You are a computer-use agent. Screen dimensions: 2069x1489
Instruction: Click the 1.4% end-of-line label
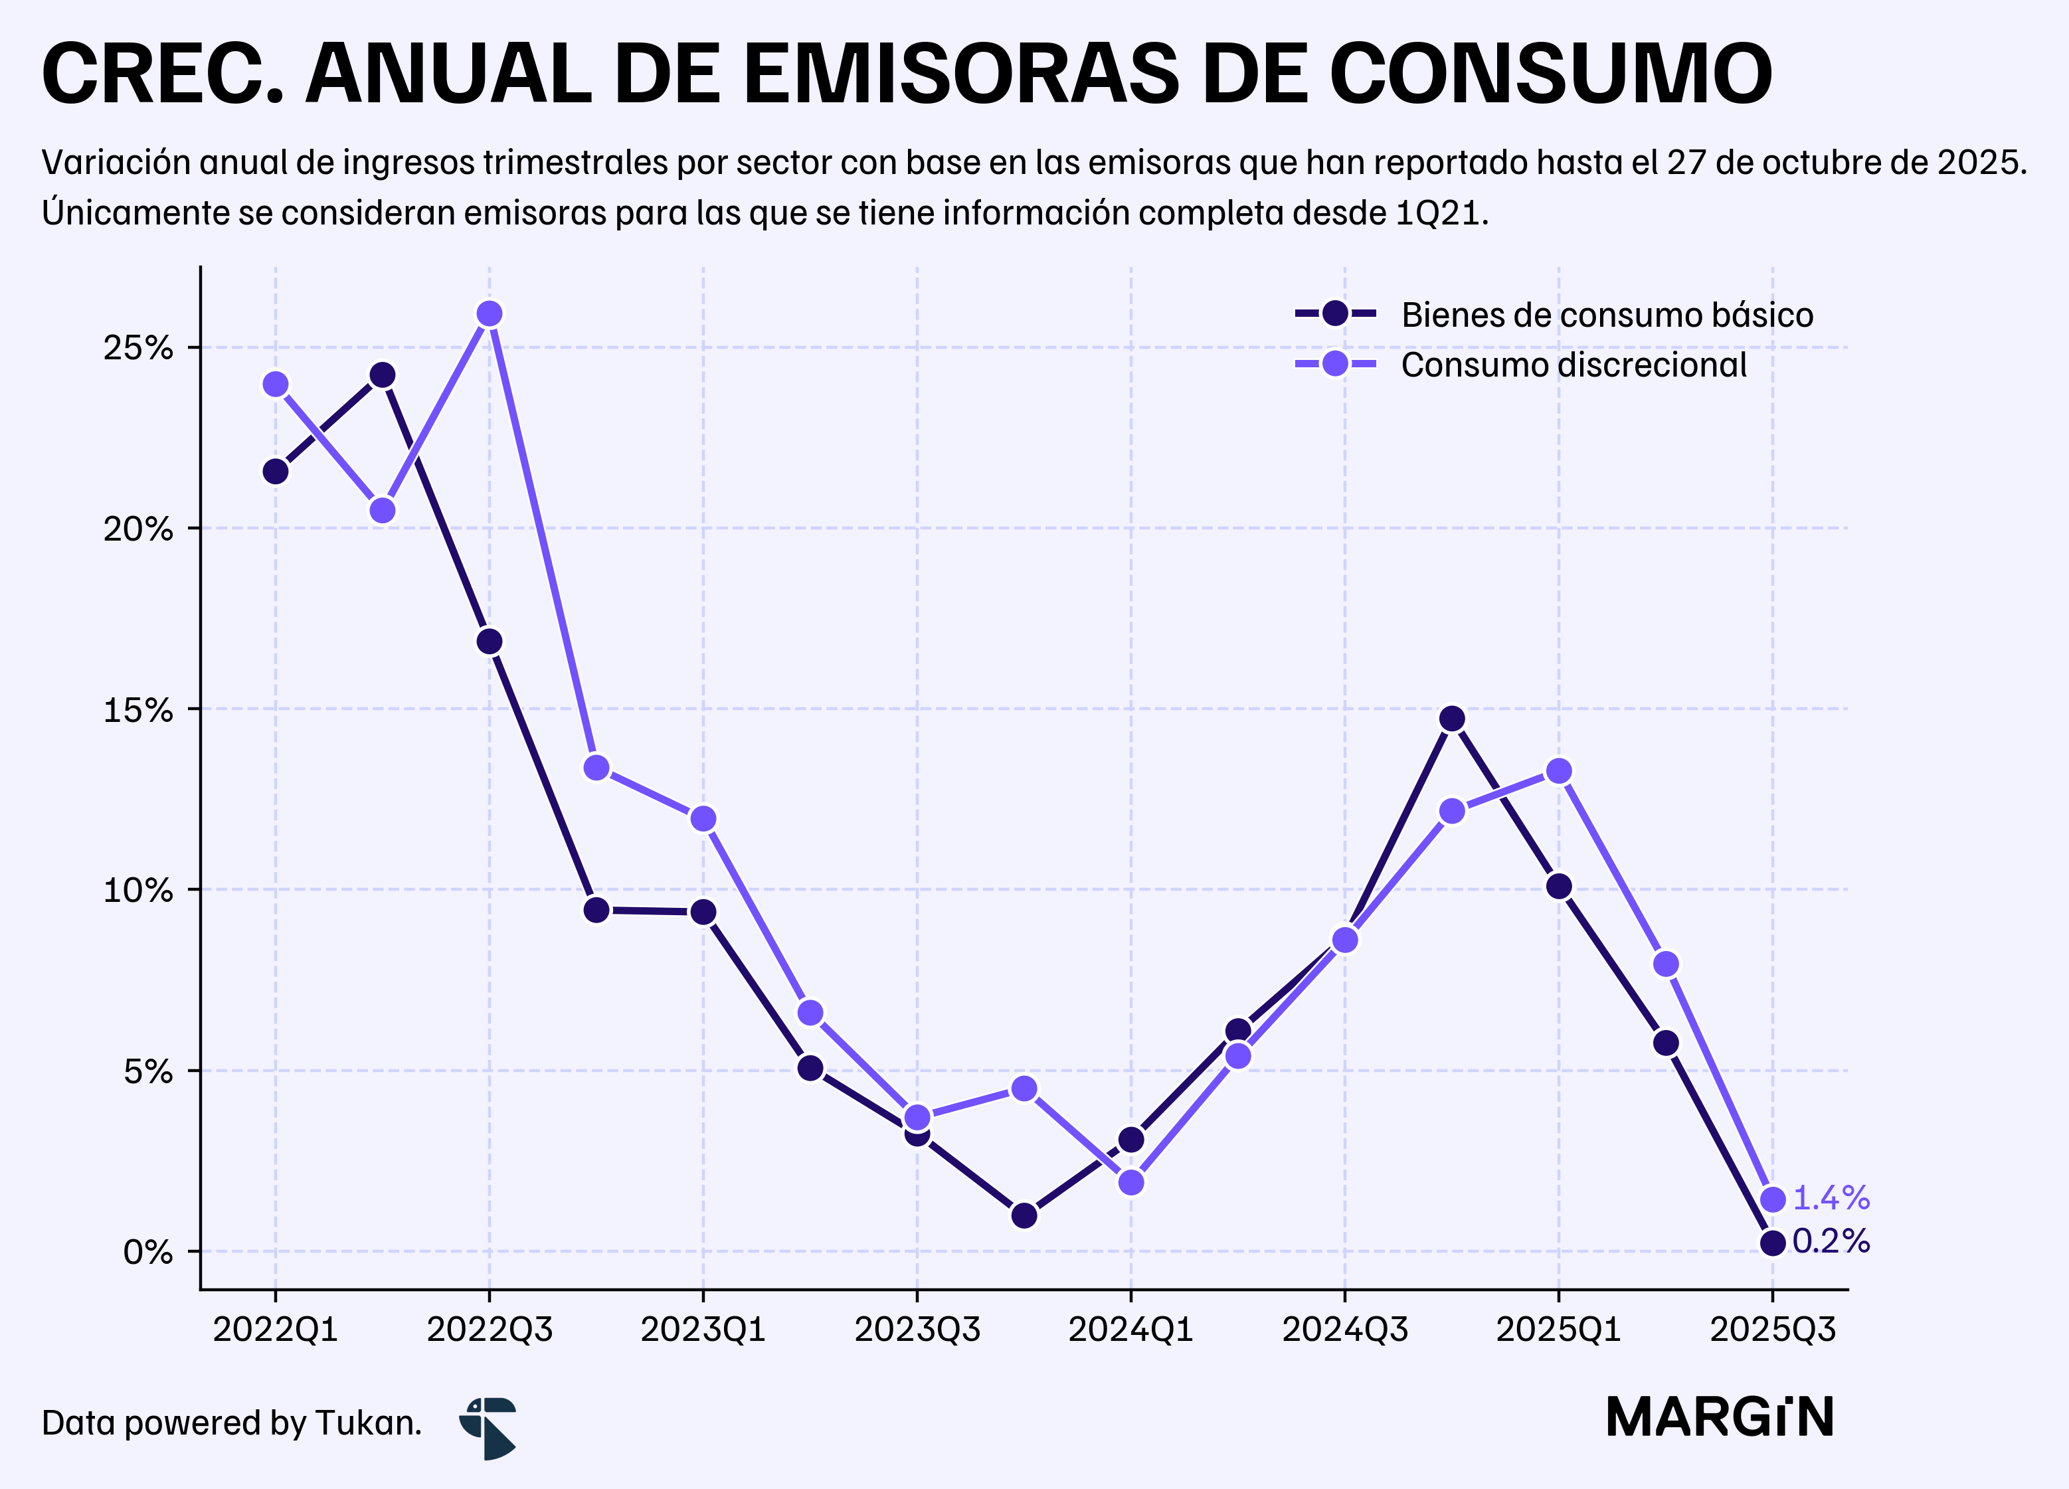click(x=1831, y=1198)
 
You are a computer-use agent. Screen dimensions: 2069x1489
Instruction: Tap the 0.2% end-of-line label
click(x=1831, y=1242)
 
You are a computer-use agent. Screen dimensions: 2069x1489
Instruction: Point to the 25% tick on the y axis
click(x=137, y=347)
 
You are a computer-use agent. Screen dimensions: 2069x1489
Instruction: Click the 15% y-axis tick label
click(x=137, y=710)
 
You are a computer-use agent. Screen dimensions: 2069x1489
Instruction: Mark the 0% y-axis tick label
click(x=147, y=1252)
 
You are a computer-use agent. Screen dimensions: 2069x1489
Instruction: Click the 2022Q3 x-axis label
click(x=490, y=1330)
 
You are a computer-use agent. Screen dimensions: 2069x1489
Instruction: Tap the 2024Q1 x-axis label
click(x=1131, y=1330)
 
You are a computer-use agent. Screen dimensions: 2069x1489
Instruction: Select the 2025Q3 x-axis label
click(x=1773, y=1330)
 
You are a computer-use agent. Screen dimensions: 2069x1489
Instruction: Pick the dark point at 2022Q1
click(x=276, y=472)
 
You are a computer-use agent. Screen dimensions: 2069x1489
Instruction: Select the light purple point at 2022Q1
click(x=276, y=384)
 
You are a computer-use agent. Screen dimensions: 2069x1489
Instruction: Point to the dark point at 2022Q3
click(x=490, y=642)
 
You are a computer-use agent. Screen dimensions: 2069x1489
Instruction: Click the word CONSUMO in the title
click(x=1551, y=74)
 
